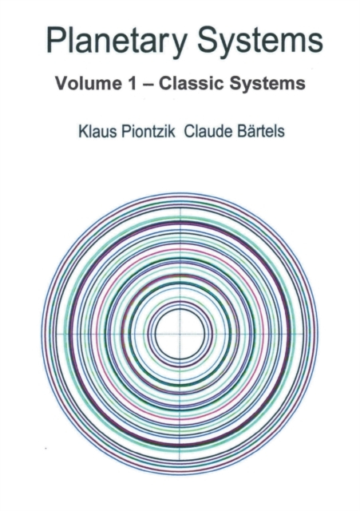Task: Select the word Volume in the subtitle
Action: tap(88, 83)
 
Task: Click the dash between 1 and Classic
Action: tap(147, 84)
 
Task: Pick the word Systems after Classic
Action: tap(267, 84)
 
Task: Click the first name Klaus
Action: tap(97, 131)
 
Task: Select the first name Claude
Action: tap(207, 131)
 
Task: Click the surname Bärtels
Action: tap(259, 131)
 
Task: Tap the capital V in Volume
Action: tap(62, 83)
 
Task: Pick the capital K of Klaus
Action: tap(83, 131)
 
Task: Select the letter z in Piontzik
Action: tap(162, 133)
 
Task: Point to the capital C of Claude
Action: tap(189, 131)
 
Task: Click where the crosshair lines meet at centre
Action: tap(180, 335)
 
